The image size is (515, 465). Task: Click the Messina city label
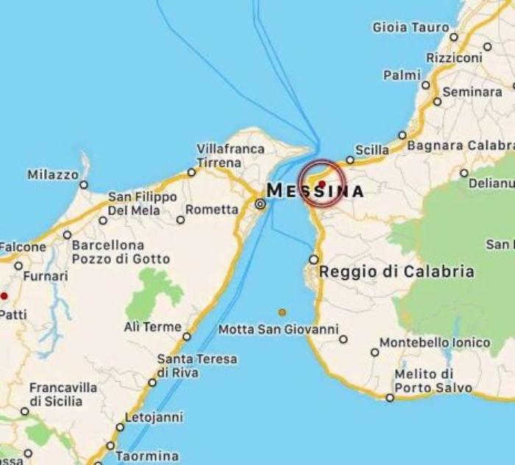315,191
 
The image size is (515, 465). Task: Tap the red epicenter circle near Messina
322,183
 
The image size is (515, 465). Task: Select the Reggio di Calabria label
397,271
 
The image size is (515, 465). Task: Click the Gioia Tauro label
411,27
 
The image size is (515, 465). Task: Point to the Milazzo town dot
84,185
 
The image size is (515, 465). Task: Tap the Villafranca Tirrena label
230,155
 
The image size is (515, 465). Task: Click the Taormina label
147,456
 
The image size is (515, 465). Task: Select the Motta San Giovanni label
278,329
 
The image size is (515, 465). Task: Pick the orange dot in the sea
282,312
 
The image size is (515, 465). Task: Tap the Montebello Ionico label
435,343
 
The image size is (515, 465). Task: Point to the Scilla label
372,150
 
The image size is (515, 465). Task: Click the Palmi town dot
425,85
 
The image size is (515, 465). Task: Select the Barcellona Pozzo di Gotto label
121,252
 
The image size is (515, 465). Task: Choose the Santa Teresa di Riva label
197,366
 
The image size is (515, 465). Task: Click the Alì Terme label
152,327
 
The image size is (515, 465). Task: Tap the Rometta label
212,210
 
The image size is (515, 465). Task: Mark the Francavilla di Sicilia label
63,394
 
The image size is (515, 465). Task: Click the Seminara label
472,93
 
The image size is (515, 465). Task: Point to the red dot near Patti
4,296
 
